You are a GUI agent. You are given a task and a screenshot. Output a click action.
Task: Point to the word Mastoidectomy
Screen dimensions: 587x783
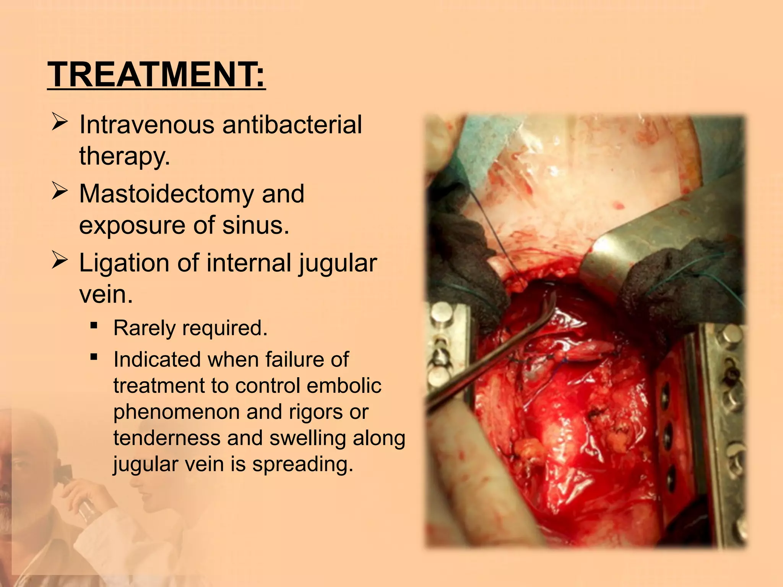(x=166, y=194)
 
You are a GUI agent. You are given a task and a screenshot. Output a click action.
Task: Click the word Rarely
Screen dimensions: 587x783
(x=145, y=328)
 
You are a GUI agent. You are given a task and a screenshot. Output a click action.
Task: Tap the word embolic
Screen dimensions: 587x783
(x=344, y=385)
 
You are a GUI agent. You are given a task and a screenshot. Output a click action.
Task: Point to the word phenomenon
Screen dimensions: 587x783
(x=176, y=412)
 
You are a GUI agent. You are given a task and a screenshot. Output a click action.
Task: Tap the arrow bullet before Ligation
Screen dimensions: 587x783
(x=60, y=261)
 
